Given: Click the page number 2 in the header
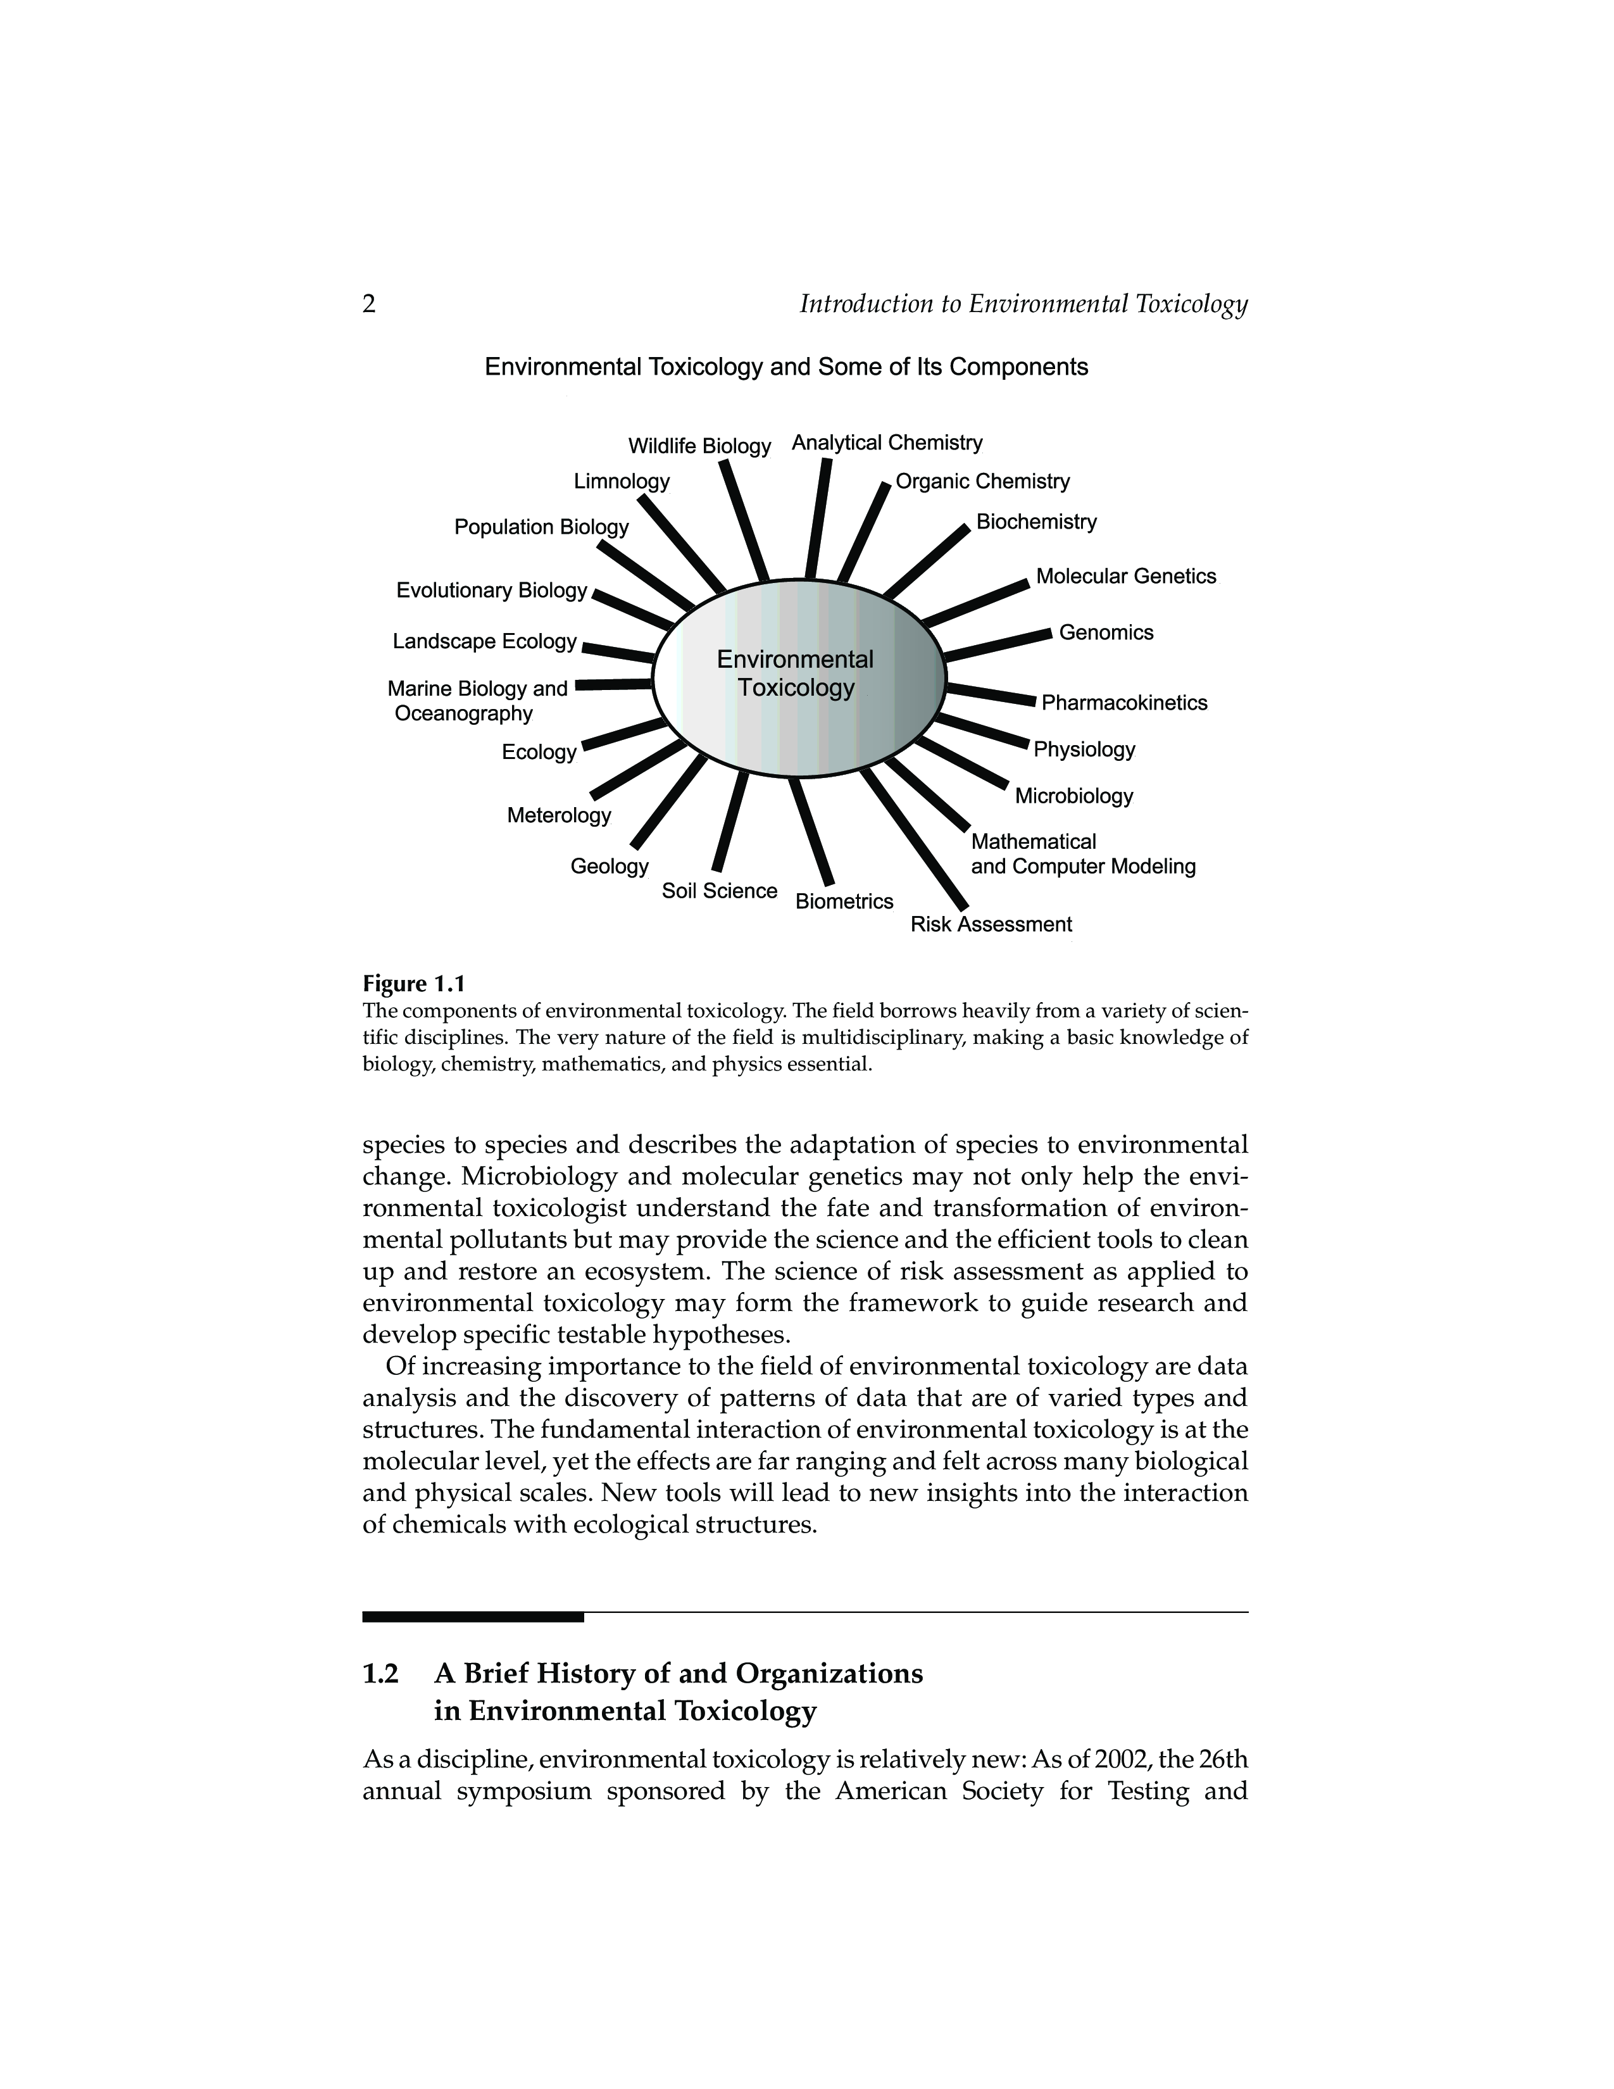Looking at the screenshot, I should (x=369, y=304).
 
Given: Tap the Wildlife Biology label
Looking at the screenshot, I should (x=699, y=447).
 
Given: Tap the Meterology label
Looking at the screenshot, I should (x=558, y=815).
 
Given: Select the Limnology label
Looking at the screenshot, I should (x=622, y=480).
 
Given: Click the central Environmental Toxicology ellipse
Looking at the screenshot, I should (x=798, y=677).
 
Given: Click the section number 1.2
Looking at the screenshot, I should (x=380, y=1674).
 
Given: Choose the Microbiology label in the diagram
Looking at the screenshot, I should (x=1073, y=796).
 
